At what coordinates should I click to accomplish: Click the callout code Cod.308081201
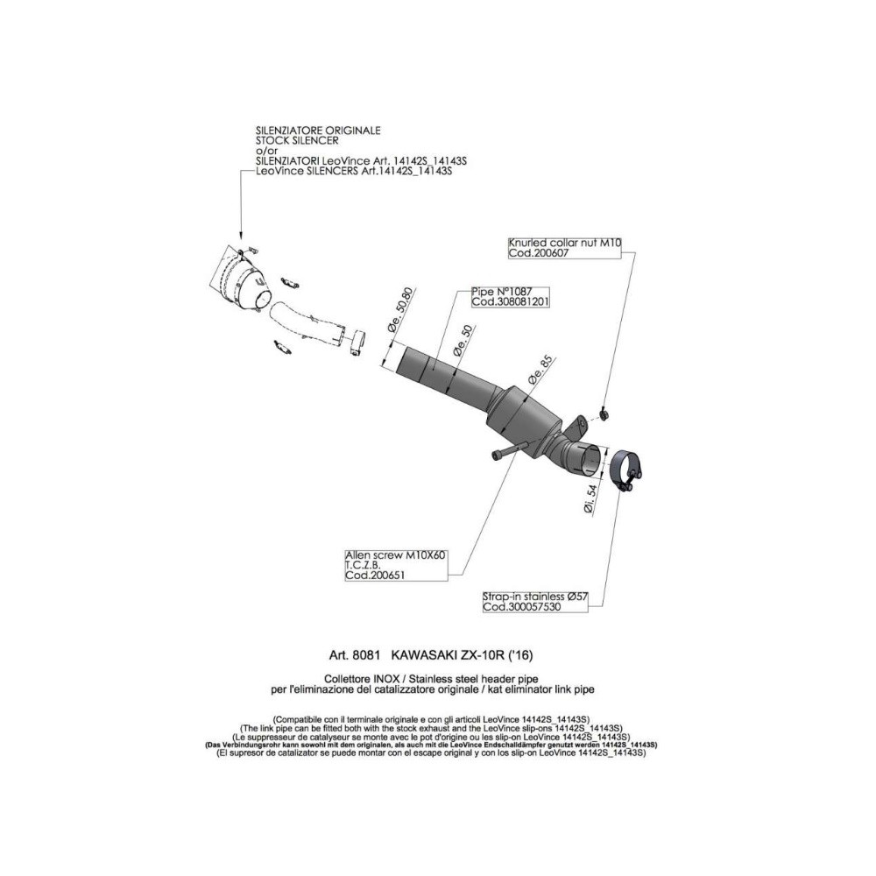tap(510, 301)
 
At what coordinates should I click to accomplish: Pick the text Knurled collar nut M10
tap(564, 243)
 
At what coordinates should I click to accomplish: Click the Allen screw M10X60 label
tap(395, 555)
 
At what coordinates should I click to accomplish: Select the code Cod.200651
tap(375, 576)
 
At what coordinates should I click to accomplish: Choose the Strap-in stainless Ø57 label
tap(535, 597)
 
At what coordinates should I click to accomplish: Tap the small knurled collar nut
tap(604, 413)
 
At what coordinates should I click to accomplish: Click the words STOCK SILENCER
tap(297, 140)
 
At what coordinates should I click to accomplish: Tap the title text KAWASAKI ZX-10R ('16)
tap(462, 654)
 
